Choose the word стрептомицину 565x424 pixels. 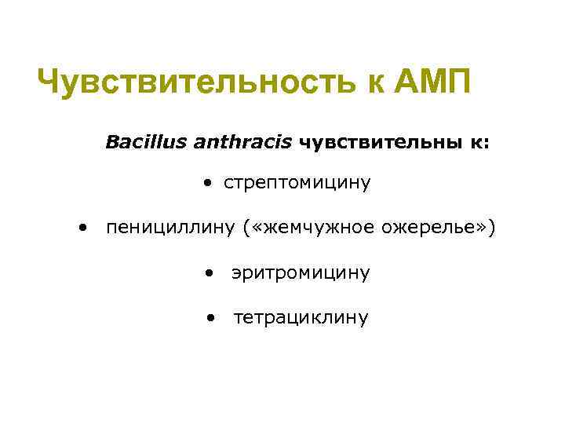tap(297, 184)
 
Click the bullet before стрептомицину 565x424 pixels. tap(207, 185)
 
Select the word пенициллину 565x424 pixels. tap(170, 228)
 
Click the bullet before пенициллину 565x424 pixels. tap(82, 228)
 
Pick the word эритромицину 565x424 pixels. tap(301, 273)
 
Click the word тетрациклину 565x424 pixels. tap(301, 318)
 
